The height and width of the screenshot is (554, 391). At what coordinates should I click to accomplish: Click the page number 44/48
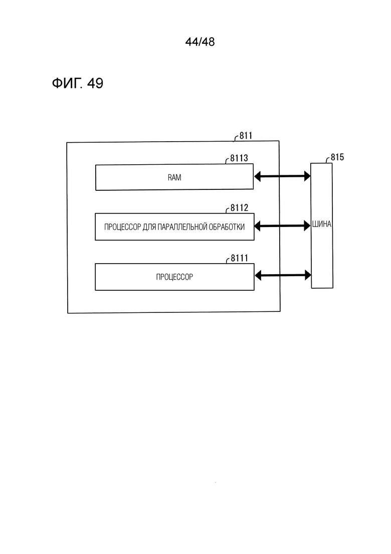pyautogui.click(x=200, y=42)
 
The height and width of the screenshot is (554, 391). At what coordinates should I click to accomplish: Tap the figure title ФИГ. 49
pyautogui.click(x=78, y=83)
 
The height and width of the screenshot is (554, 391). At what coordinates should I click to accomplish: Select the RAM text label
pyautogui.click(x=174, y=177)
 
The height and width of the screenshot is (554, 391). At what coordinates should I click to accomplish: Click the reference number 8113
pyautogui.click(x=239, y=158)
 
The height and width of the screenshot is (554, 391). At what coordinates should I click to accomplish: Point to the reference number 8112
pyautogui.click(x=240, y=208)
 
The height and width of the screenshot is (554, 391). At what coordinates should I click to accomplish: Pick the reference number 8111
pyautogui.click(x=240, y=258)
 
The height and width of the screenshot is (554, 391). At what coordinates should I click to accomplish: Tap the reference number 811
pyautogui.click(x=246, y=136)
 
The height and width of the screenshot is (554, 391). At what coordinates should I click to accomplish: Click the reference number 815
pyautogui.click(x=337, y=157)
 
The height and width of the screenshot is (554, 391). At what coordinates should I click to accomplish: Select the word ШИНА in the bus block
pyautogui.click(x=321, y=224)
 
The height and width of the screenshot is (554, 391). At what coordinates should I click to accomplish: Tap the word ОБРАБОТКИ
pyautogui.click(x=227, y=227)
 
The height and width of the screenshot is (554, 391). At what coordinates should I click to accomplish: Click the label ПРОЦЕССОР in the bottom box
pyautogui.click(x=174, y=277)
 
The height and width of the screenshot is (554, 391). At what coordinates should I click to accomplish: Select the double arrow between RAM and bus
pyautogui.click(x=282, y=176)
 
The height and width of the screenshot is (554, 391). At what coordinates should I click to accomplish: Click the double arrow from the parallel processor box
pyautogui.click(x=282, y=226)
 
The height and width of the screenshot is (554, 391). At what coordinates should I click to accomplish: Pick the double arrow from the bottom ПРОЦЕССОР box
pyautogui.click(x=283, y=275)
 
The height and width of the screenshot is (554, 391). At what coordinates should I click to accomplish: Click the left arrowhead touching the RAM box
pyautogui.click(x=257, y=176)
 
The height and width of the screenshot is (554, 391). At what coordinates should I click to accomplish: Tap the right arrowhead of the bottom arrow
pyautogui.click(x=308, y=275)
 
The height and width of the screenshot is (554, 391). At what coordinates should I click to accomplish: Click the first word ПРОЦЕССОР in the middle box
pyautogui.click(x=123, y=227)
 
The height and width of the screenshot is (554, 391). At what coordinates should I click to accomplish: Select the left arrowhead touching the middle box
pyautogui.click(x=257, y=226)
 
